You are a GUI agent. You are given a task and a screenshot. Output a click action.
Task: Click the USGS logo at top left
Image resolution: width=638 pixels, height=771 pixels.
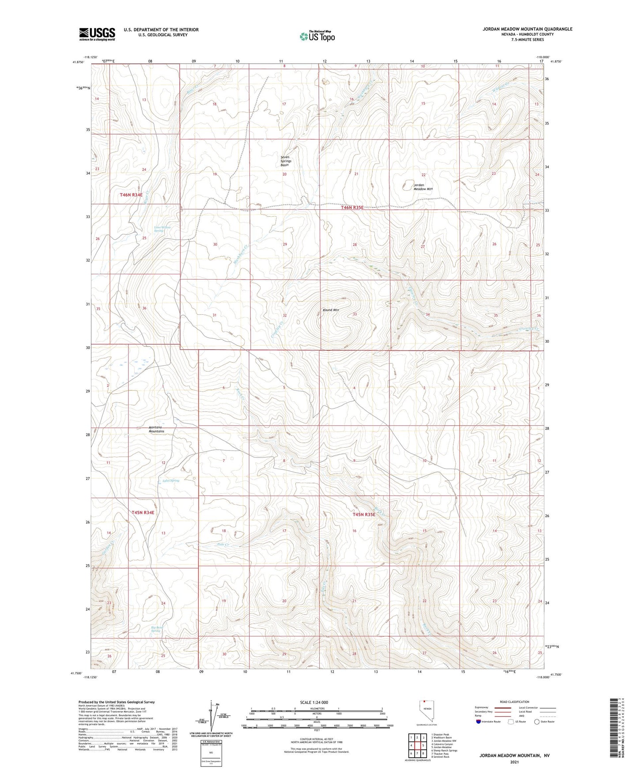coord(97,34)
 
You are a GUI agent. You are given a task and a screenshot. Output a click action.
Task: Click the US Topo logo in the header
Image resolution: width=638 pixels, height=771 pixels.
coord(317,36)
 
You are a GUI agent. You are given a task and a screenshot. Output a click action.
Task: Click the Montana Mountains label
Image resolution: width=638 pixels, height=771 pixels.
coord(156,429)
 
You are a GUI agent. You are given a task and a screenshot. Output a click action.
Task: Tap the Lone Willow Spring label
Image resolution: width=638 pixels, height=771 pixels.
coord(162,229)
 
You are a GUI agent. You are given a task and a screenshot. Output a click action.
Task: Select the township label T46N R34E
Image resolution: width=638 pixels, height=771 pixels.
coord(131,195)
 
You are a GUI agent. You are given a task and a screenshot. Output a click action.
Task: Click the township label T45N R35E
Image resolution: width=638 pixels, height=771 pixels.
coord(364,514)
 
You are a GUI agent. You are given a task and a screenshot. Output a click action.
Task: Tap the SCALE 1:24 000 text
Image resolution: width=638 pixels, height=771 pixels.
coord(314,702)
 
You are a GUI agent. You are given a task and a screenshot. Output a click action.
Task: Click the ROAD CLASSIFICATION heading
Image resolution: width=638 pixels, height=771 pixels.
coord(514,702)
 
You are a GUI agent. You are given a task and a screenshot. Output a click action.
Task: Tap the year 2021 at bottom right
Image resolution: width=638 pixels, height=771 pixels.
coord(514,762)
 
